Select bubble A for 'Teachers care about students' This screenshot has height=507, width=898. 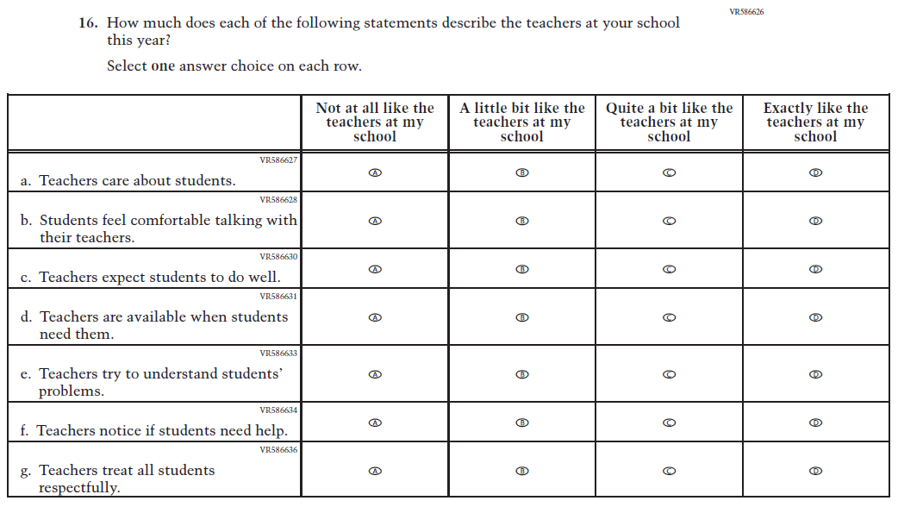(x=375, y=172)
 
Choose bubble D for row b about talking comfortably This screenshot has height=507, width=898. (x=815, y=221)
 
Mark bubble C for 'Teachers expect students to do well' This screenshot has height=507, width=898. (x=669, y=269)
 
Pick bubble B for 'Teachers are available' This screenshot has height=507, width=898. (x=521, y=317)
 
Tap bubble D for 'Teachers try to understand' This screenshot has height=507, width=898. (x=815, y=374)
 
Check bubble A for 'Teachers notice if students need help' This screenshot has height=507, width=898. (x=375, y=422)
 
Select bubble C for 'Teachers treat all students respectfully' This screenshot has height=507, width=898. (x=669, y=471)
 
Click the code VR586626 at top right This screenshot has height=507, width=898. (x=746, y=12)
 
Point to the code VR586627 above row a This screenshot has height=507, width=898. (x=278, y=160)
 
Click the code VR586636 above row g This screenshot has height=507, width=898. (x=278, y=449)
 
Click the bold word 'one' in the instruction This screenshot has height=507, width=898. (x=163, y=66)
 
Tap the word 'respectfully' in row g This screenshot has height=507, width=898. (x=78, y=488)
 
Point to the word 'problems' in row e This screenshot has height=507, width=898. (x=71, y=391)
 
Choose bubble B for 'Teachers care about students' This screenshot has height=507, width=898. (x=521, y=172)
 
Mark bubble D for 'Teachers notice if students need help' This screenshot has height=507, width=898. (x=815, y=422)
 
